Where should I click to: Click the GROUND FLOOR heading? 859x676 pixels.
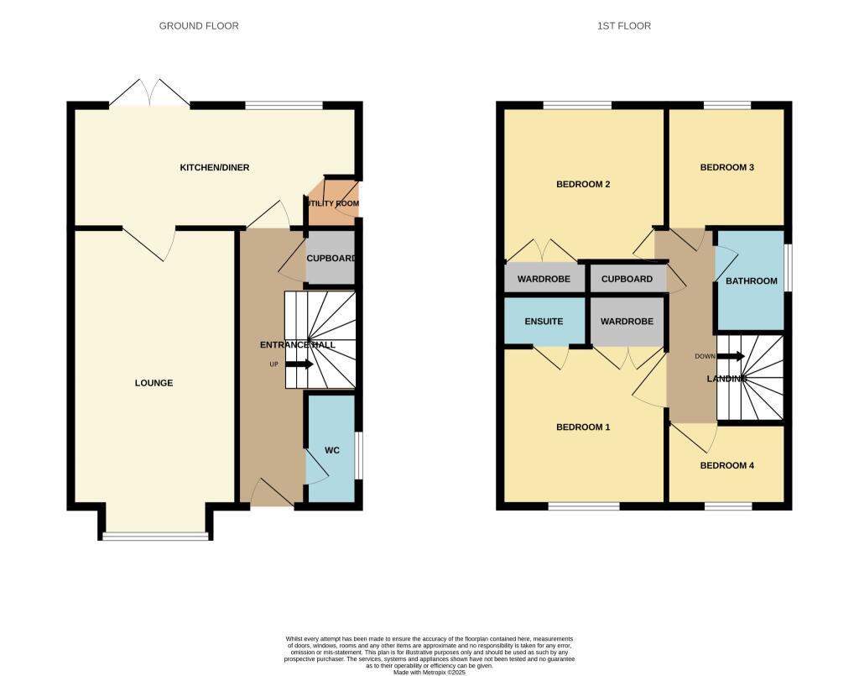(199, 26)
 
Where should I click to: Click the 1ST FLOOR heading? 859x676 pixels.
(624, 26)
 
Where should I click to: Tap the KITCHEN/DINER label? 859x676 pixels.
(215, 167)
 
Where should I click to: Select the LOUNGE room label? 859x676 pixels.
(154, 383)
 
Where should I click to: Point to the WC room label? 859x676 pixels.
(332, 450)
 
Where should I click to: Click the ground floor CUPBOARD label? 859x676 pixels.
(331, 259)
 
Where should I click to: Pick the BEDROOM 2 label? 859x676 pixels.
(583, 184)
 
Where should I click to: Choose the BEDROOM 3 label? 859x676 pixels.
(727, 167)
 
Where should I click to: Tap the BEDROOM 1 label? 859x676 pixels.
(583, 427)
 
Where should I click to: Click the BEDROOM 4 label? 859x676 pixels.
(727, 465)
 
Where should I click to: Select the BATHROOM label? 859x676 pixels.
(752, 280)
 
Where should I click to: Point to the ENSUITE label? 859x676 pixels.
(544, 322)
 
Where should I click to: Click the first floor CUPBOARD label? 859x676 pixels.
(627, 279)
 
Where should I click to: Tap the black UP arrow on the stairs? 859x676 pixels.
(299, 364)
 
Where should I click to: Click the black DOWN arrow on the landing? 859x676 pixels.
(731, 356)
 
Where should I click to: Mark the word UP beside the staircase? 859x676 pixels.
(274, 364)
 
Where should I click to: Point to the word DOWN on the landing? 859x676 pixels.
(705, 356)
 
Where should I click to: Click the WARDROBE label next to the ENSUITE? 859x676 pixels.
(627, 322)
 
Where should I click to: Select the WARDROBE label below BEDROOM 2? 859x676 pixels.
(544, 279)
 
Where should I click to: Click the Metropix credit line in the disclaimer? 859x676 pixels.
(429, 672)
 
